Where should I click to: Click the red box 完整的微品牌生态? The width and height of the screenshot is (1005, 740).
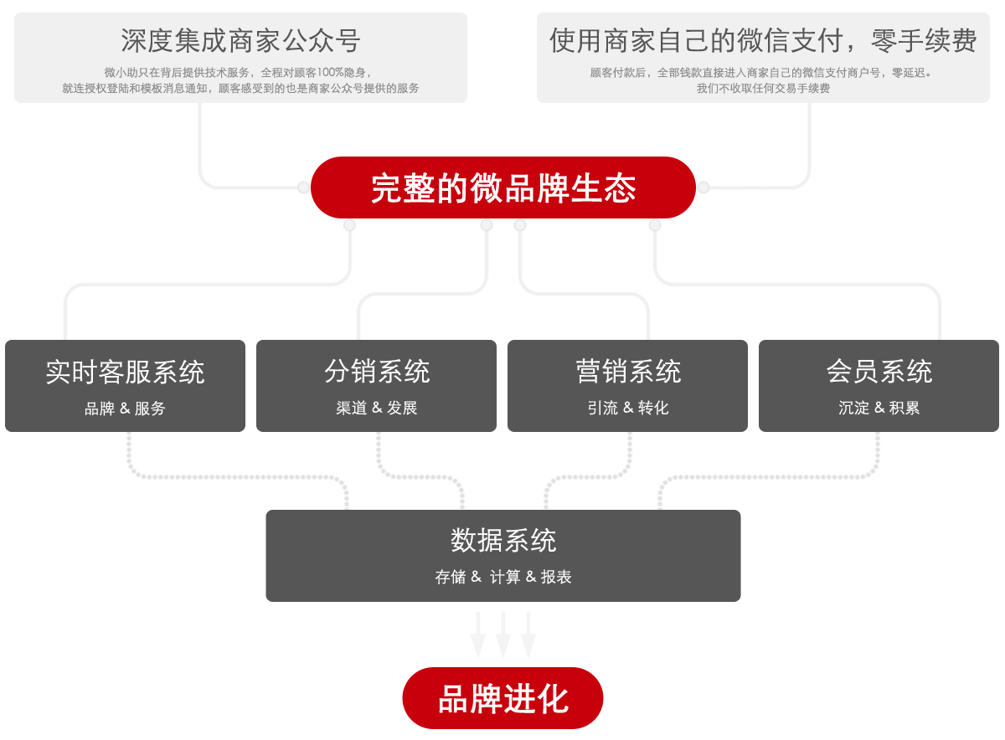click(x=502, y=188)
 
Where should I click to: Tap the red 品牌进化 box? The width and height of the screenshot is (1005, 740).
click(x=502, y=698)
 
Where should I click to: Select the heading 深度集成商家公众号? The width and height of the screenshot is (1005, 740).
click(x=240, y=40)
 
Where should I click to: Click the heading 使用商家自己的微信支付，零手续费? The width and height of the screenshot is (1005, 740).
click(x=763, y=40)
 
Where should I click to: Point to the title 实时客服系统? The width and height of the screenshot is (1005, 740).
click(x=125, y=372)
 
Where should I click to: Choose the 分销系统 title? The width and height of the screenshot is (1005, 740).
click(x=377, y=371)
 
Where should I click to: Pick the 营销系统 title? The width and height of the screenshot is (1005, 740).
click(x=628, y=371)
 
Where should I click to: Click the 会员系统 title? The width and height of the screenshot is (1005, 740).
click(x=879, y=371)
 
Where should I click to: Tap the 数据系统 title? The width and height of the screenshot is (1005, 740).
click(x=503, y=540)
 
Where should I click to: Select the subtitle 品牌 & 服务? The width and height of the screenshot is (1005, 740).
click(x=125, y=409)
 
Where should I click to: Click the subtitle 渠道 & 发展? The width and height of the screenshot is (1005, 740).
click(x=377, y=409)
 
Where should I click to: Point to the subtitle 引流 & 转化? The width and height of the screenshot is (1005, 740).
click(x=628, y=409)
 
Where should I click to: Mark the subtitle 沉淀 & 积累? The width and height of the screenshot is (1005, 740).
click(x=879, y=409)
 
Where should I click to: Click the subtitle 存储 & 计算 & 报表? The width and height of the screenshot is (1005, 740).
click(x=503, y=577)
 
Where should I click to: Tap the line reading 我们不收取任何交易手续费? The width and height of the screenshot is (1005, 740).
click(x=763, y=88)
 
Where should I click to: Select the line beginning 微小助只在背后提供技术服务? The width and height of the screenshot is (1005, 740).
click(x=239, y=73)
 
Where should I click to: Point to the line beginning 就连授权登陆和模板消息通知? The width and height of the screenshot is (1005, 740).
click(x=240, y=88)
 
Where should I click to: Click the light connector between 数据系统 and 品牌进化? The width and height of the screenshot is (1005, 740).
click(x=503, y=635)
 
